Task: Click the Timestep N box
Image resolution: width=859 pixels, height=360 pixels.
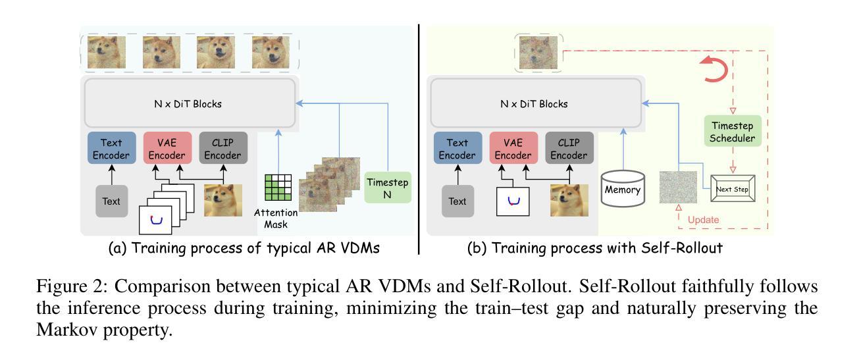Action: (x=388, y=186)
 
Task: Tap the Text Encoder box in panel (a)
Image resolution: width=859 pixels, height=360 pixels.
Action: (x=111, y=148)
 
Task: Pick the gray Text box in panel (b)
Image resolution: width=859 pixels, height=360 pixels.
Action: (x=458, y=201)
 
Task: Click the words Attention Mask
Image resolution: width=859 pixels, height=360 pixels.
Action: (x=276, y=219)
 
